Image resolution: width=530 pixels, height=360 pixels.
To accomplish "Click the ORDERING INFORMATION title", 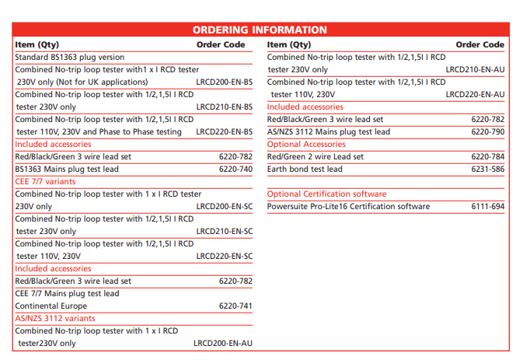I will pyautogui.click(x=260, y=30).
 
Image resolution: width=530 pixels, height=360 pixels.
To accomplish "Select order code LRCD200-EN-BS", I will pyautogui.click(x=224, y=82).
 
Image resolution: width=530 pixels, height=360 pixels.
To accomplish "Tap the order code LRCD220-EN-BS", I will pyautogui.click(x=224, y=131).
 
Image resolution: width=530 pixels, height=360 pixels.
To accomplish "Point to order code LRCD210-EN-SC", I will pyautogui.click(x=224, y=231).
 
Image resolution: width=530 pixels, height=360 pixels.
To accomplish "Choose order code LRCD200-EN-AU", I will pyautogui.click(x=223, y=343).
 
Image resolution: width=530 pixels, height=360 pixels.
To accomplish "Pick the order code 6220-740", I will pyautogui.click(x=235, y=169).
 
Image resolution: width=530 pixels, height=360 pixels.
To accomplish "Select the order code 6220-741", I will pyautogui.click(x=235, y=306).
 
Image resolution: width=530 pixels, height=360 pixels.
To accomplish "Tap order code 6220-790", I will pyautogui.click(x=487, y=131).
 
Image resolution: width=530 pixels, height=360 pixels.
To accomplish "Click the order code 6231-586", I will pyautogui.click(x=487, y=169).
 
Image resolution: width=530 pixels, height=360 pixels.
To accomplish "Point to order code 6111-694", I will pyautogui.click(x=487, y=206).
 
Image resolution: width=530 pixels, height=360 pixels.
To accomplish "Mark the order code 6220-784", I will pyautogui.click(x=487, y=156).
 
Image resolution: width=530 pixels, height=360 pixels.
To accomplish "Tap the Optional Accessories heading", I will pyautogui.click(x=306, y=144).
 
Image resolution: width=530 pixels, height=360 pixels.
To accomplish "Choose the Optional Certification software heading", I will pyautogui.click(x=326, y=194).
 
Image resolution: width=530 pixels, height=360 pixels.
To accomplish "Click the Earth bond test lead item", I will pyautogui.click(x=305, y=169).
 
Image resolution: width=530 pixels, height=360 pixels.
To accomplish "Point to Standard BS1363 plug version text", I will pyautogui.click(x=69, y=57).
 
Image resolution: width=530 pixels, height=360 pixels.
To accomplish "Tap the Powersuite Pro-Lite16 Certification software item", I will pyautogui.click(x=348, y=206).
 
